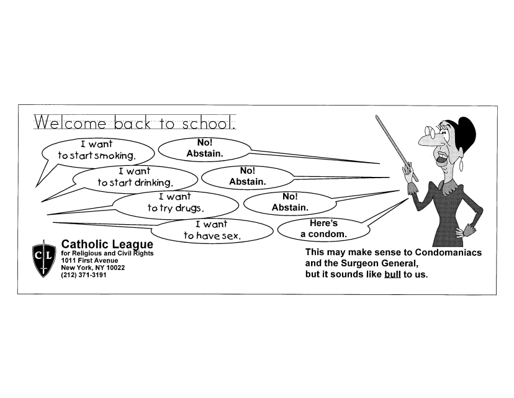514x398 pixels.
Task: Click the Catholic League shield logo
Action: pyautogui.click(x=44, y=259)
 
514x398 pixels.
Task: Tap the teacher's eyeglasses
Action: pyautogui.click(x=430, y=132)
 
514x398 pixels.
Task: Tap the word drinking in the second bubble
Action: pyautogui.click(x=155, y=183)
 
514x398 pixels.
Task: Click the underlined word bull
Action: pyautogui.click(x=392, y=274)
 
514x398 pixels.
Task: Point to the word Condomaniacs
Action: pyautogui.click(x=448, y=253)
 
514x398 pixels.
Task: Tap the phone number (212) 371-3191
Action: pyautogui.click(x=84, y=274)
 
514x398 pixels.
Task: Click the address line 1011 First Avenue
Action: pyautogui.click(x=89, y=260)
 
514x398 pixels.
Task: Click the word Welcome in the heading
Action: pyautogui.click(x=70, y=123)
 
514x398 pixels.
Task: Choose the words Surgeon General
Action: pyautogui.click(x=379, y=263)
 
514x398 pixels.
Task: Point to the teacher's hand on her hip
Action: pyautogui.click(x=466, y=230)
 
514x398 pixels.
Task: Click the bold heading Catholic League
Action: pyautogui.click(x=107, y=244)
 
